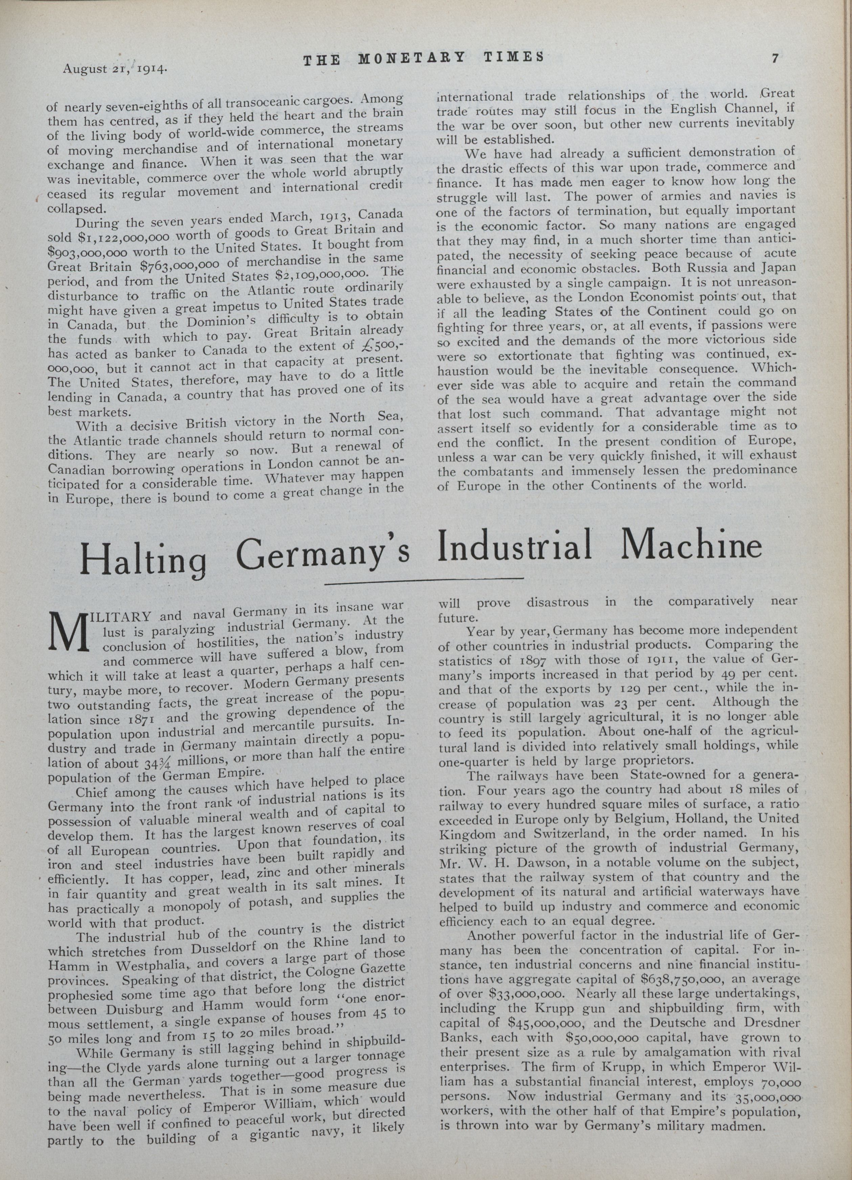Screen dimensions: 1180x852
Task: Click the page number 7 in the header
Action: pyautogui.click(x=775, y=59)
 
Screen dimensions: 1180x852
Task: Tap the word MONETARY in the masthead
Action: pyautogui.click(x=411, y=58)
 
